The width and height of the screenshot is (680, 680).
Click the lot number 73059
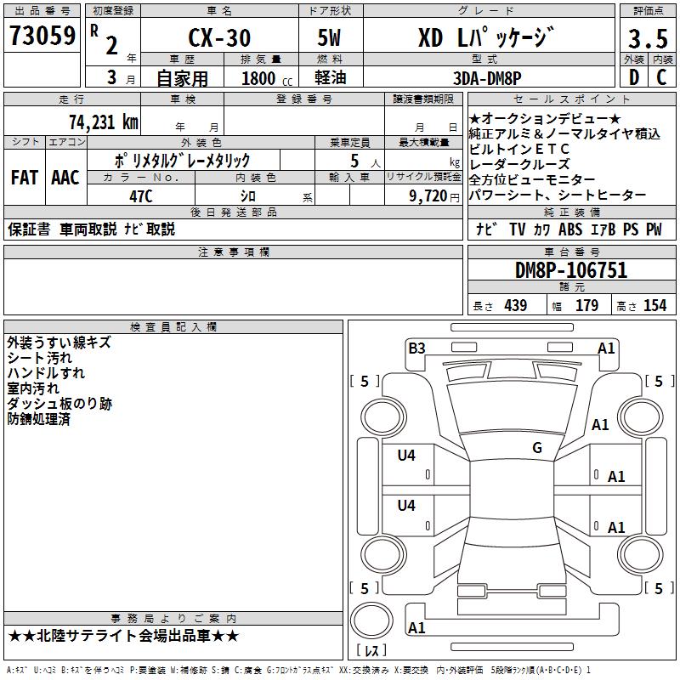(x=42, y=36)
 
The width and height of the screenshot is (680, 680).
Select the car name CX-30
(x=219, y=37)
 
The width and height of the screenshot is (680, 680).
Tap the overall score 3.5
(x=648, y=39)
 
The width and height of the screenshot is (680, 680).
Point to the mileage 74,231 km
(x=104, y=122)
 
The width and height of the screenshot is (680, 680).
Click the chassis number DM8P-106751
(x=571, y=270)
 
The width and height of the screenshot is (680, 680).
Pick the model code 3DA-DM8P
(x=487, y=78)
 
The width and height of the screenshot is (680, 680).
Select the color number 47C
(x=141, y=196)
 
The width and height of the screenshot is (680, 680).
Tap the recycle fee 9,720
(x=428, y=196)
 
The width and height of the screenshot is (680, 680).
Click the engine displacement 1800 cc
(x=267, y=78)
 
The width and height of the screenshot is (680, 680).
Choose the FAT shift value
(x=25, y=178)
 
